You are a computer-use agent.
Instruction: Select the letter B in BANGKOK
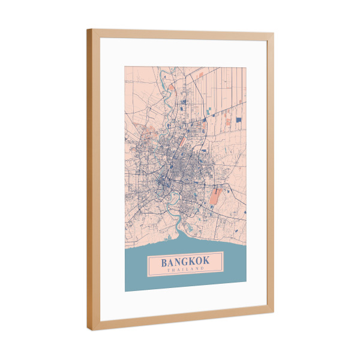pyautogui.click(x=163, y=263)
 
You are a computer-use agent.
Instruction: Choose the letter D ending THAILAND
pyautogui.click(x=202, y=269)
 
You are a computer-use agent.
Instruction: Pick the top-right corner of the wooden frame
pyautogui.click(x=274, y=34)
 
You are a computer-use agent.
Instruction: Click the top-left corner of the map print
pyautogui.click(x=125, y=66)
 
